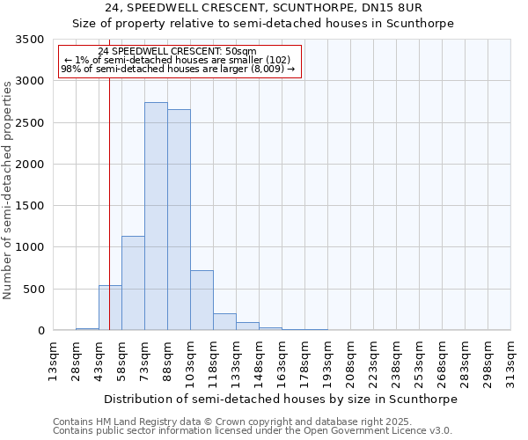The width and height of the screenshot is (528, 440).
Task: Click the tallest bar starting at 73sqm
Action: click(x=156, y=216)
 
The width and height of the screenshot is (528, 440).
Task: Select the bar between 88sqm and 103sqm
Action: click(x=179, y=220)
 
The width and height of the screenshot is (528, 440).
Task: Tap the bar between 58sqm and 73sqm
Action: click(x=133, y=283)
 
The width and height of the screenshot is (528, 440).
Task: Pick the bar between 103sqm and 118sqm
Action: click(x=202, y=300)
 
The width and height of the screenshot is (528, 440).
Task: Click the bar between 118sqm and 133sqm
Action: click(x=224, y=322)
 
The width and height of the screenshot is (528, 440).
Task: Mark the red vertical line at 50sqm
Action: click(x=109, y=176)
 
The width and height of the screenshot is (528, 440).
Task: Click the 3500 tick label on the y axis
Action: click(x=29, y=40)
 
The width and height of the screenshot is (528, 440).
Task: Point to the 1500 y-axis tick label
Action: click(x=29, y=206)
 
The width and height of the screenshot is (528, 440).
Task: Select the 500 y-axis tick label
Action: click(x=33, y=290)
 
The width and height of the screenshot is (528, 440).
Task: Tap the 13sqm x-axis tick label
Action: click(x=53, y=357)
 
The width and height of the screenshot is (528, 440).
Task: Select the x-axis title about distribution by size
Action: click(x=281, y=399)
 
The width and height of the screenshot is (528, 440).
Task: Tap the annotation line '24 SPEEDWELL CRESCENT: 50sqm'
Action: click(x=178, y=52)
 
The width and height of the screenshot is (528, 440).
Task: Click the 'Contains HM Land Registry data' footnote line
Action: click(x=226, y=422)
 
